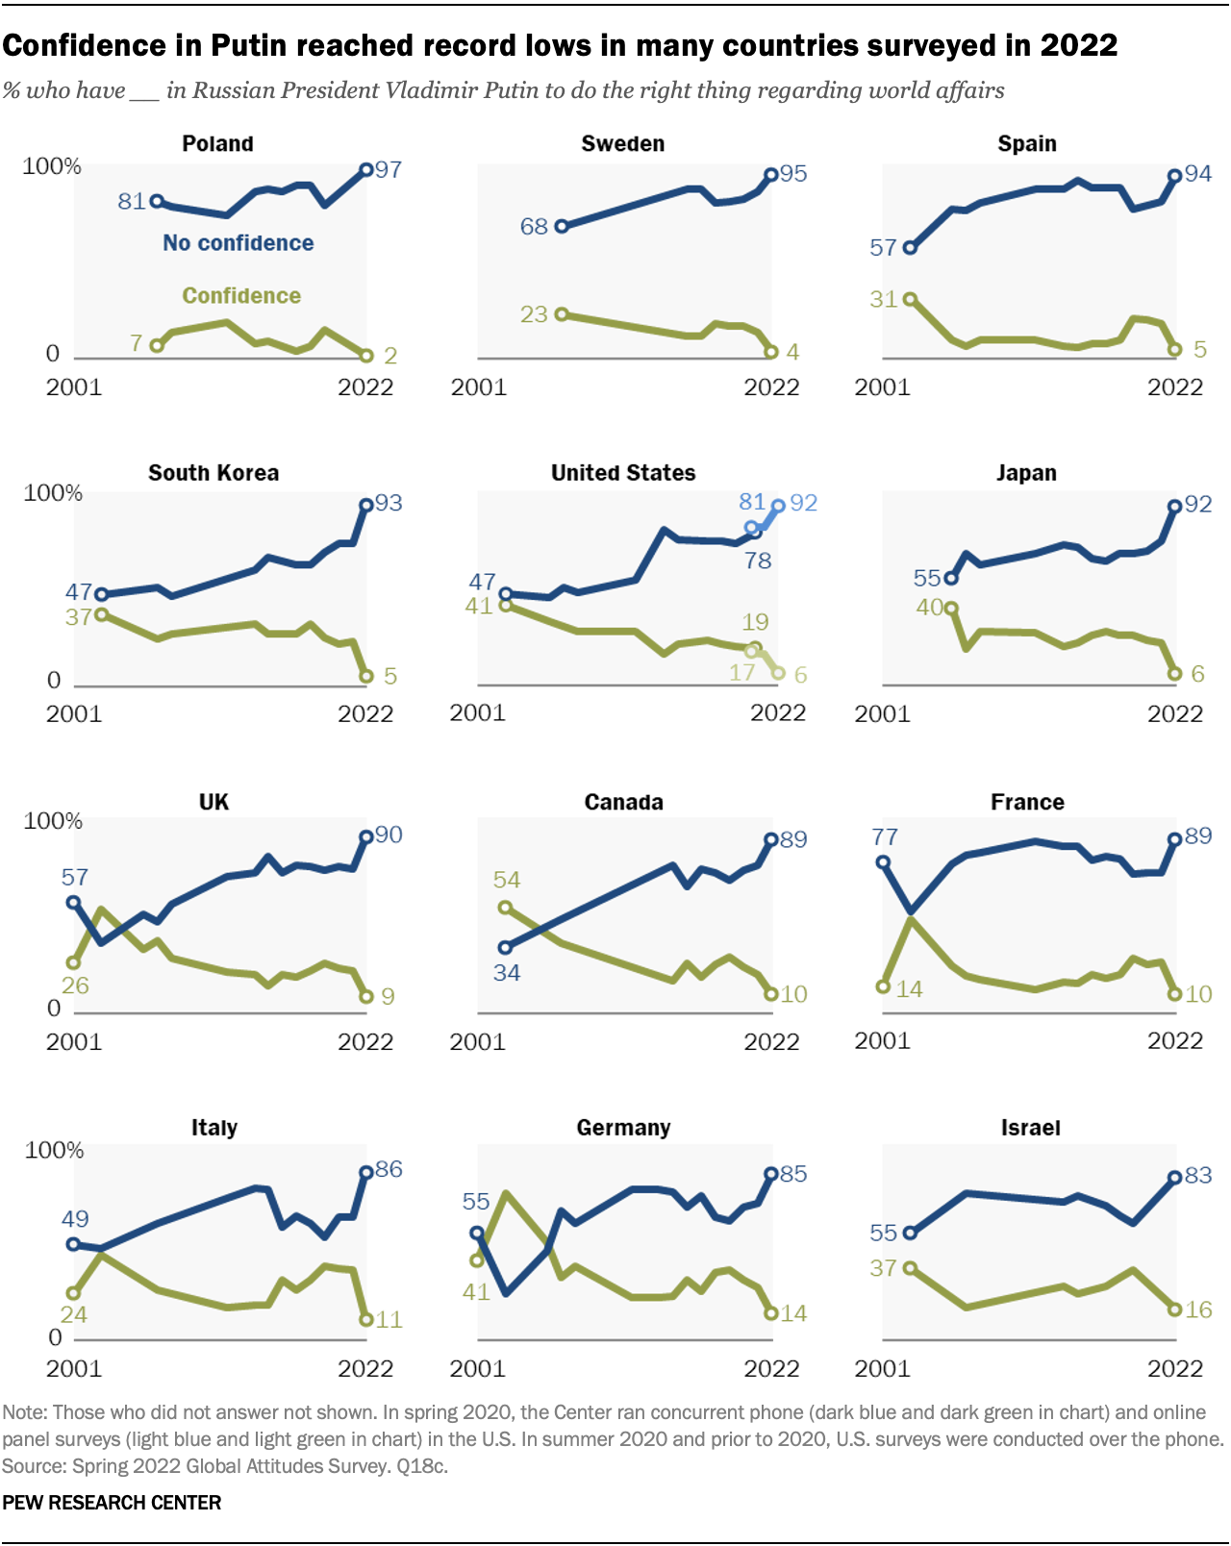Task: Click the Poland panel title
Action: (217, 144)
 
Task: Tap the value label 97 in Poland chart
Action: (389, 170)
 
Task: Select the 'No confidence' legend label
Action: (238, 243)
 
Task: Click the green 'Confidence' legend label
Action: (241, 296)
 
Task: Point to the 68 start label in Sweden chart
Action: (534, 227)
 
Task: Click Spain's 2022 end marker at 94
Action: (1174, 176)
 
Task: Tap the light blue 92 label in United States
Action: (803, 503)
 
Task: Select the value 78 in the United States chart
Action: (758, 561)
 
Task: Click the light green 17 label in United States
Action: (741, 672)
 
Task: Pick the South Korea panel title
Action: (214, 473)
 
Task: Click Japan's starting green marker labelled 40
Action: (951, 608)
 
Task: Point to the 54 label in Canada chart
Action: (507, 880)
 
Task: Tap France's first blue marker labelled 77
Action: (883, 862)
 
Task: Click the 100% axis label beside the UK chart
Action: (53, 821)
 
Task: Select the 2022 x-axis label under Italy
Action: (365, 1368)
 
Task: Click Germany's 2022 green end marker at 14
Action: (770, 1313)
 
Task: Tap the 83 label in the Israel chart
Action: (1198, 1175)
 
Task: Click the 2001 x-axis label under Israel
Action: (882, 1368)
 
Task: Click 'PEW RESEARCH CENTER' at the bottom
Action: (112, 1503)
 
